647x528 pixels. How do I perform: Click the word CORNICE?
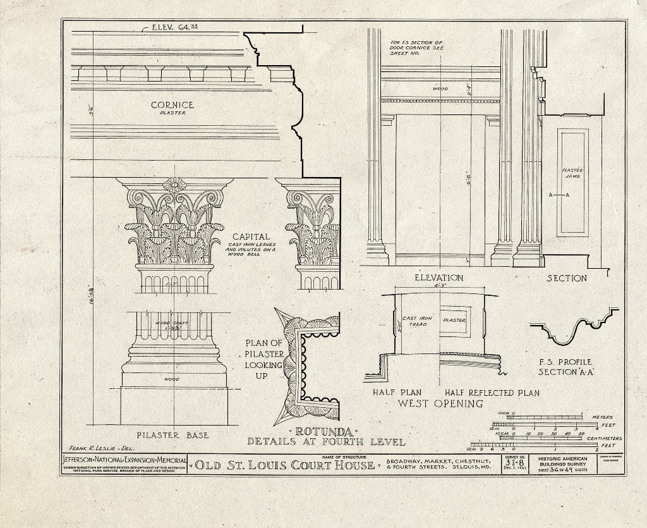172,105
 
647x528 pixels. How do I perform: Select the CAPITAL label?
250,236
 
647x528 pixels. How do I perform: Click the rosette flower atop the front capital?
174,185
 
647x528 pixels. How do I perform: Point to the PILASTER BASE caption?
173,435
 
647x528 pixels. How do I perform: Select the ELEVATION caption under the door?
438,278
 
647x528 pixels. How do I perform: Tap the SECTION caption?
566,278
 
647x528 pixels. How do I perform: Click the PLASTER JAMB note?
572,175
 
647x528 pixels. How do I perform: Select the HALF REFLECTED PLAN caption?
492,393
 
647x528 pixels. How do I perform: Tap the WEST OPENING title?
440,403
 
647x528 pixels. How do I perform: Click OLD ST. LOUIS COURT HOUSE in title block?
285,466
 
